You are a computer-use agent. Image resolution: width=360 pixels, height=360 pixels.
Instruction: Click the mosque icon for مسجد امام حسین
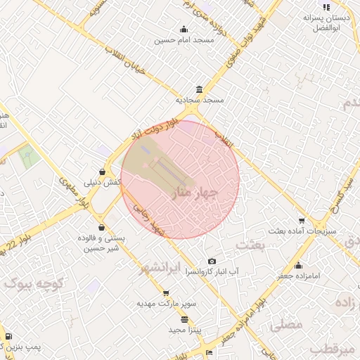click(184, 29)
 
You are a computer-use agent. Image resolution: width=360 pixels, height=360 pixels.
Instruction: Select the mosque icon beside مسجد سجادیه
click(200, 89)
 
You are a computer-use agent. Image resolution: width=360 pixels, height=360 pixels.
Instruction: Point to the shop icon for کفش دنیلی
click(103, 171)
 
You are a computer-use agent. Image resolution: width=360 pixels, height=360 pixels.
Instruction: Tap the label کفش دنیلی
click(103, 182)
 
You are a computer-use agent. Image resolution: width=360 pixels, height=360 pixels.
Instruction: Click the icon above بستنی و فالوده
click(103, 227)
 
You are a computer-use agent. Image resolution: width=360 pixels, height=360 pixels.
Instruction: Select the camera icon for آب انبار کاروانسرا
click(212, 262)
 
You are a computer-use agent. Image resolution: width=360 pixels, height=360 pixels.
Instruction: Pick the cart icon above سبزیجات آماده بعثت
click(302, 219)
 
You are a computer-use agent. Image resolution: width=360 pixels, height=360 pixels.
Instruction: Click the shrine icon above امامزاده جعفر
click(300, 265)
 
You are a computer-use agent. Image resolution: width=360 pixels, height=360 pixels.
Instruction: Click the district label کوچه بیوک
click(34, 283)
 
